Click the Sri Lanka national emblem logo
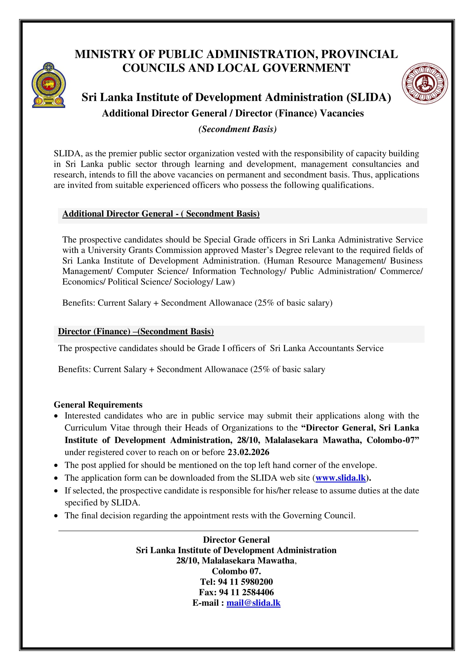pyautogui.click(x=49, y=85)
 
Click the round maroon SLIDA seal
pyautogui.click(x=425, y=83)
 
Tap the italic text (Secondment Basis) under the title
pyautogui.click(x=237, y=129)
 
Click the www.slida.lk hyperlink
pyautogui.click(x=341, y=478)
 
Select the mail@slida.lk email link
pyautogui.click(x=253, y=603)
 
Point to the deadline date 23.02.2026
pyautogui.click(x=248, y=452)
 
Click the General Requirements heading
pyautogui.click(x=98, y=404)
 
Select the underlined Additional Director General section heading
pyautogui.click(x=161, y=214)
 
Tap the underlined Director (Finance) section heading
pyautogui.click(x=136, y=331)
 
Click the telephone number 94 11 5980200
pyautogui.click(x=245, y=581)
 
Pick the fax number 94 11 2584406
pyautogui.click(x=246, y=592)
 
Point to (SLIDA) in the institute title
pyautogui.click(x=369, y=97)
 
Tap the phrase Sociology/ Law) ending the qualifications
pyautogui.click(x=204, y=282)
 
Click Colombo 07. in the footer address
pyautogui.click(x=236, y=571)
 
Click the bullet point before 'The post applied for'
pyautogui.click(x=56, y=465)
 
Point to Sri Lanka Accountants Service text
pyautogui.click(x=327, y=348)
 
